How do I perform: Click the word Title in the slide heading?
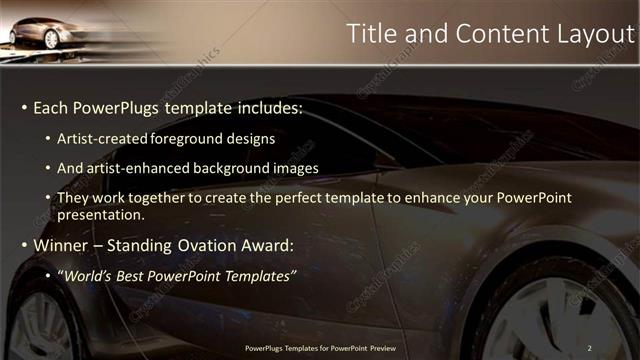click(x=370, y=33)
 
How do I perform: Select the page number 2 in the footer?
click(x=590, y=348)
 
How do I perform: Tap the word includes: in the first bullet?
click(x=266, y=107)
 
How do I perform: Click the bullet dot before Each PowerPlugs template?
click(x=24, y=107)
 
